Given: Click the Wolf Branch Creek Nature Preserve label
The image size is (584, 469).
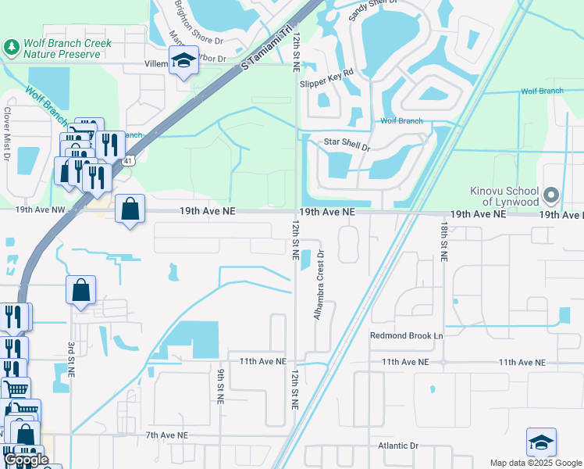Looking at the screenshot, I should tap(68, 48).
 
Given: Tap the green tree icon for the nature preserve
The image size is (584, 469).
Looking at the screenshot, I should tap(12, 48).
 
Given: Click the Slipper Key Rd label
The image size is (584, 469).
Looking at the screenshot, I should tap(326, 72).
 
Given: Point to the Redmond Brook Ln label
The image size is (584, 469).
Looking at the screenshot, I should tap(406, 335).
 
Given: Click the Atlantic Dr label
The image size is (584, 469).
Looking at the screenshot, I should tap(398, 446).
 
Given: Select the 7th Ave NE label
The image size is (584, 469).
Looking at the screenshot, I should tap(166, 435).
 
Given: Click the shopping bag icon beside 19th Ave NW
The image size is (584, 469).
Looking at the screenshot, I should tap(130, 209).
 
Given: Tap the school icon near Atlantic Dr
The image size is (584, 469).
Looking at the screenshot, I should tap(541, 442).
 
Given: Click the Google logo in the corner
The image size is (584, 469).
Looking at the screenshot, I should tap(26, 460).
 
